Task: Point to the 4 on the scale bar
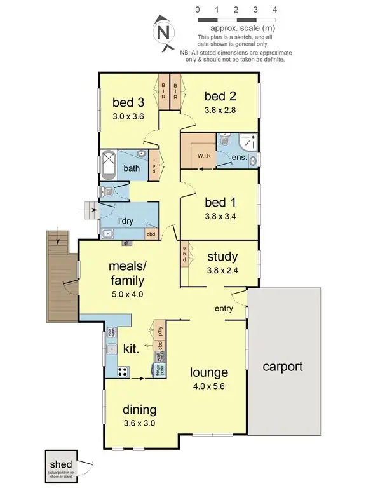click(x=274, y=10)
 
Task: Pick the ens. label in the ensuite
click(x=240, y=156)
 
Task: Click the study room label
click(x=222, y=257)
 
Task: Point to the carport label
click(x=282, y=367)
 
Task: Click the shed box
click(x=62, y=465)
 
